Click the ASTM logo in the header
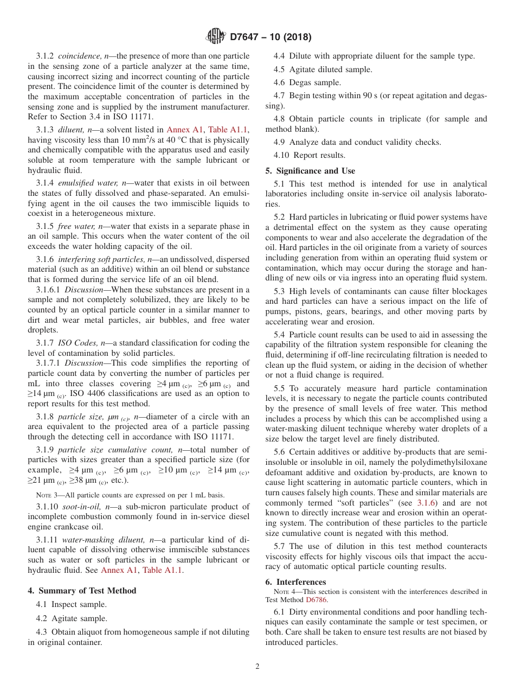click(216, 37)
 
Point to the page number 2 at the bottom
click(257, 667)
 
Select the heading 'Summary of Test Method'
click(87, 591)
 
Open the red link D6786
click(316, 600)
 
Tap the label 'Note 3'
click(48, 495)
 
